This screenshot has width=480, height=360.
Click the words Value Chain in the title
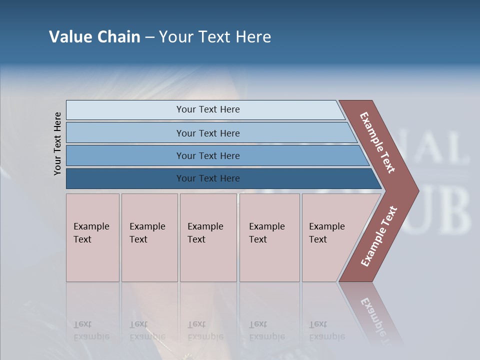[x=94, y=37]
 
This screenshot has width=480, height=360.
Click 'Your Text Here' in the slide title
[x=215, y=37]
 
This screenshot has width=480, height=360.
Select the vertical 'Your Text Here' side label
[x=57, y=144]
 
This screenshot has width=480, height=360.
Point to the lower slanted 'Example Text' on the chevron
[x=379, y=236]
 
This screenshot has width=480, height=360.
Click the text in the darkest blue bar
[x=208, y=178]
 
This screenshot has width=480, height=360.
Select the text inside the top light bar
[x=208, y=109]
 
